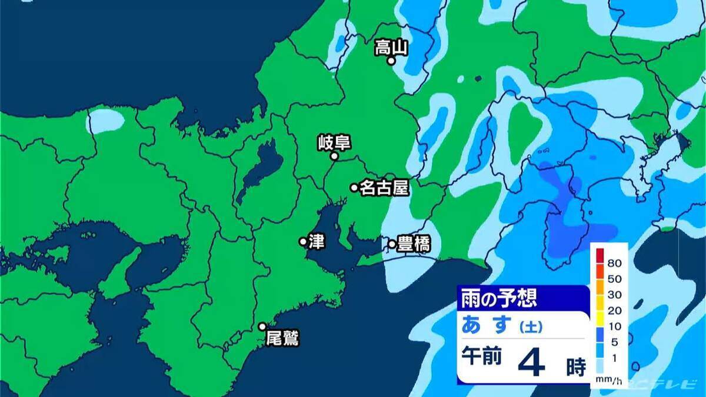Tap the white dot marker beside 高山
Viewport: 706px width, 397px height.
391,60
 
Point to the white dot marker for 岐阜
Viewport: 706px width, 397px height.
334,156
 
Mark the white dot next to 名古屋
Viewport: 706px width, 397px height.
354,188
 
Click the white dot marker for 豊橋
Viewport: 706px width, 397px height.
392,243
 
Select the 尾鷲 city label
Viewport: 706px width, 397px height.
282,338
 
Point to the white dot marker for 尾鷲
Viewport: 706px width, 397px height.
262,326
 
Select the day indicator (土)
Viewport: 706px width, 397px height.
530,325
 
